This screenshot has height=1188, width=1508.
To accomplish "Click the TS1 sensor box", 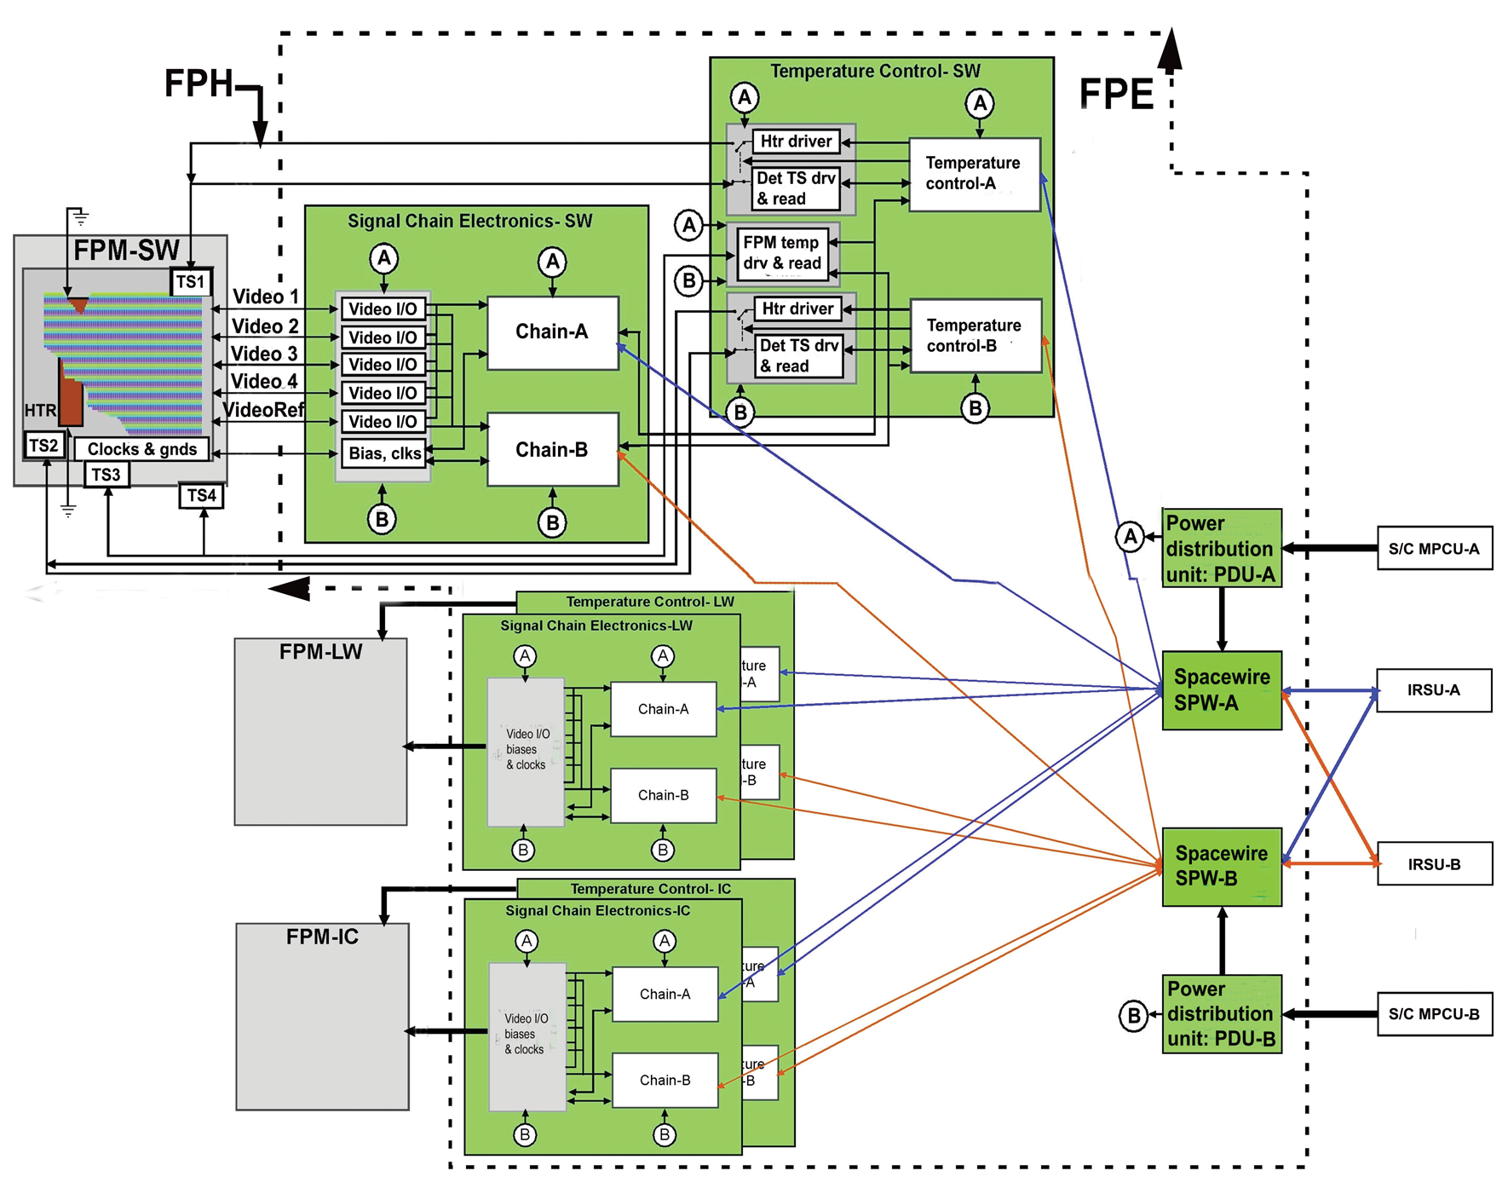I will coord(191,281).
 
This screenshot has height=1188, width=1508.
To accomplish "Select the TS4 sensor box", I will coord(201,495).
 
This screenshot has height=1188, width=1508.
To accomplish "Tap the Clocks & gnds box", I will coord(141,449).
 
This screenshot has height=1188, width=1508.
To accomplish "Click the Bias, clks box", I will coord(384,453).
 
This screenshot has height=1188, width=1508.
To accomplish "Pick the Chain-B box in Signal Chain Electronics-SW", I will coord(552,449).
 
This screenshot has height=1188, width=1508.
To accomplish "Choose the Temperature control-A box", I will coord(974,174).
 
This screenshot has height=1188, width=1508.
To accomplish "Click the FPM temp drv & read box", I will coord(782,253).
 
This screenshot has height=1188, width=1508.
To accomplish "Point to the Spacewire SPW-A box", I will coord(1222,690).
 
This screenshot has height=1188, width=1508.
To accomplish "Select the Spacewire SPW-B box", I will coord(1222,866).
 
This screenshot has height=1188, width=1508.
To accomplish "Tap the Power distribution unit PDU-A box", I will coord(1222,548).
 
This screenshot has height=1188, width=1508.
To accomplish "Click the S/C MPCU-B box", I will coord(1434,1014).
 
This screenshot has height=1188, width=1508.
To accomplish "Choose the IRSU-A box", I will coord(1434,690).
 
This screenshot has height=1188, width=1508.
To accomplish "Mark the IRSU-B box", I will coord(1434,864).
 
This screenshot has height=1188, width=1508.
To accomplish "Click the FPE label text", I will coord(1116,94).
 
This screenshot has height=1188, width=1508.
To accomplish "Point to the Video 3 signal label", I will coord(264,354).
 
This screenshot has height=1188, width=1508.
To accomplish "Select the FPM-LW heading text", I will coord(321,652).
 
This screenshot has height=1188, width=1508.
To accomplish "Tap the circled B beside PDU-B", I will coord(1133,1016).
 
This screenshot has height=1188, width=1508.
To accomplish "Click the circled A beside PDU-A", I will coord(1130,537).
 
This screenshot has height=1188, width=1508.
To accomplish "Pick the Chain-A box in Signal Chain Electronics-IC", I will coord(665,994).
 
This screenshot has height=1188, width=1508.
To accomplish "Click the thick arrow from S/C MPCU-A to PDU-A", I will coord(1329,548).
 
